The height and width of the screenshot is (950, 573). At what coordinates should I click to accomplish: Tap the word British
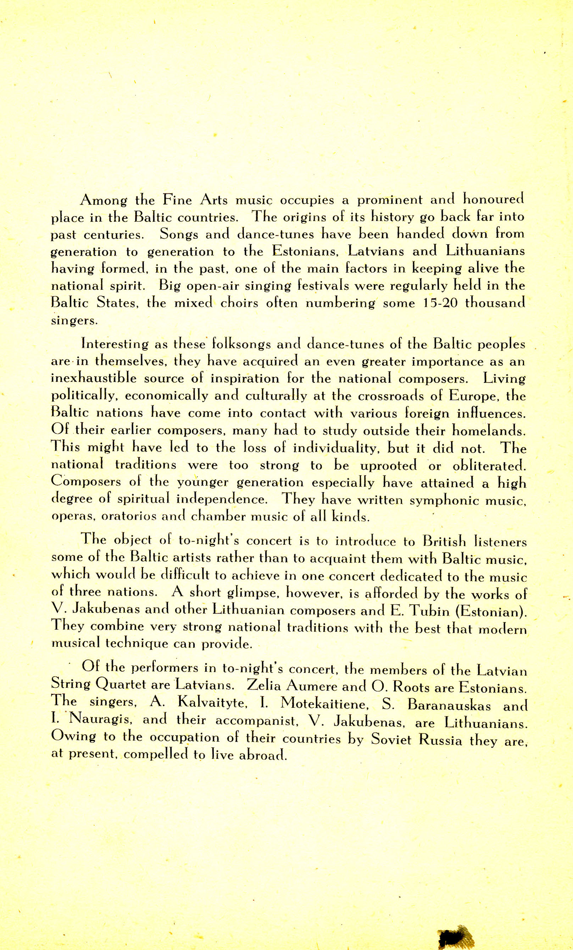click(x=444, y=542)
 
